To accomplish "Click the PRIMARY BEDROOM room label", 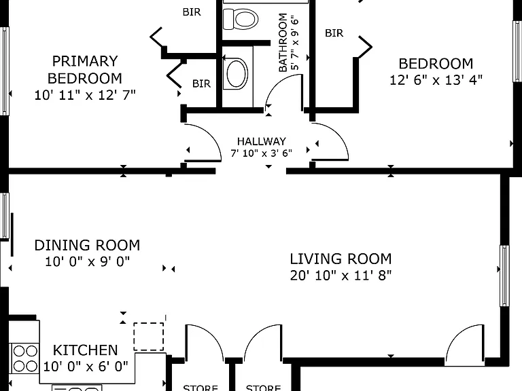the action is (x=85, y=70).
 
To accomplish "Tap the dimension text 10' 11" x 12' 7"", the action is (x=85, y=95).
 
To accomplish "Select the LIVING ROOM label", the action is (x=341, y=259).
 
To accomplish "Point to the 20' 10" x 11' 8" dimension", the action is (x=341, y=276).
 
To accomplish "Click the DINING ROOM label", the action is (x=87, y=245).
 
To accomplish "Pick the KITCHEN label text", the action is (x=86, y=350).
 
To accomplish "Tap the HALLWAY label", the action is (x=261, y=141).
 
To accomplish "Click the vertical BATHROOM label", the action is (x=283, y=42).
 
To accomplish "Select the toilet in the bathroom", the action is (x=241, y=18).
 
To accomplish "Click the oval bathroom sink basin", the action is (x=237, y=73).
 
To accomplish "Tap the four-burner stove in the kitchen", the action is (x=24, y=358).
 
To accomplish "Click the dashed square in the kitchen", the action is (x=148, y=337).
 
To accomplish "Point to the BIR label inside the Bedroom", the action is (x=334, y=33).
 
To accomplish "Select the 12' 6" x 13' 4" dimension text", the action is (x=436, y=80).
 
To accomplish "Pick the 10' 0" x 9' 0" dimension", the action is (x=87, y=261).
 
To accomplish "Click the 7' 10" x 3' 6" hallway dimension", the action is (x=261, y=153).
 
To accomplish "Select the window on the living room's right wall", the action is (x=504, y=276).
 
